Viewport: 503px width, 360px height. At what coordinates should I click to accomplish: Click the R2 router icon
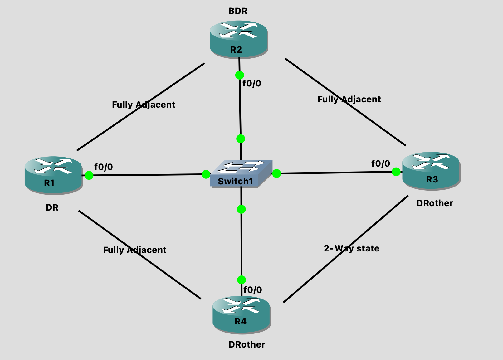point(239,39)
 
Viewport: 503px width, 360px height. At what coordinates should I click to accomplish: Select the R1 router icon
point(53,175)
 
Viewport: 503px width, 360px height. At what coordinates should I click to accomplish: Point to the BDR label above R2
point(238,11)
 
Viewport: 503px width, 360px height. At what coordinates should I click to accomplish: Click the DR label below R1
point(52,208)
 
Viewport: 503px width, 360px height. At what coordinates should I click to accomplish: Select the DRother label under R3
point(435,203)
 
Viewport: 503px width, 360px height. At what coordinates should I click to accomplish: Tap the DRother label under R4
point(247,345)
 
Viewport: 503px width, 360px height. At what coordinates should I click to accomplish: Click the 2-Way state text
point(352,249)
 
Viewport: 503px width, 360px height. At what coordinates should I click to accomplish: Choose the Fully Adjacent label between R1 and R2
point(144,105)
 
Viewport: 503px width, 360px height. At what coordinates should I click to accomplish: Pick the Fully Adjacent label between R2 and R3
point(349,100)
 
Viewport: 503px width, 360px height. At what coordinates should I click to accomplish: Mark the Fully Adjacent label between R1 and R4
point(135,250)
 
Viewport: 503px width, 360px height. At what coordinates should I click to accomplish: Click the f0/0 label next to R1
point(104,167)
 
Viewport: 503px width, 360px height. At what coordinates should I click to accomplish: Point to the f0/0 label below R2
point(252,84)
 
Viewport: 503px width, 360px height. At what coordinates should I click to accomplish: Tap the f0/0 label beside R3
point(381,164)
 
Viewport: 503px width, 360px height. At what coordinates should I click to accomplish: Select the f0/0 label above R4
point(253,290)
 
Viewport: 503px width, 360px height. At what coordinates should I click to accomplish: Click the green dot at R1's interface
point(89,175)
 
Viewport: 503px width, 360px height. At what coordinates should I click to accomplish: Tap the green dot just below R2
point(240,75)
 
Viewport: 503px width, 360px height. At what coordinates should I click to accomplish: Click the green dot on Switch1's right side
point(276,173)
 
